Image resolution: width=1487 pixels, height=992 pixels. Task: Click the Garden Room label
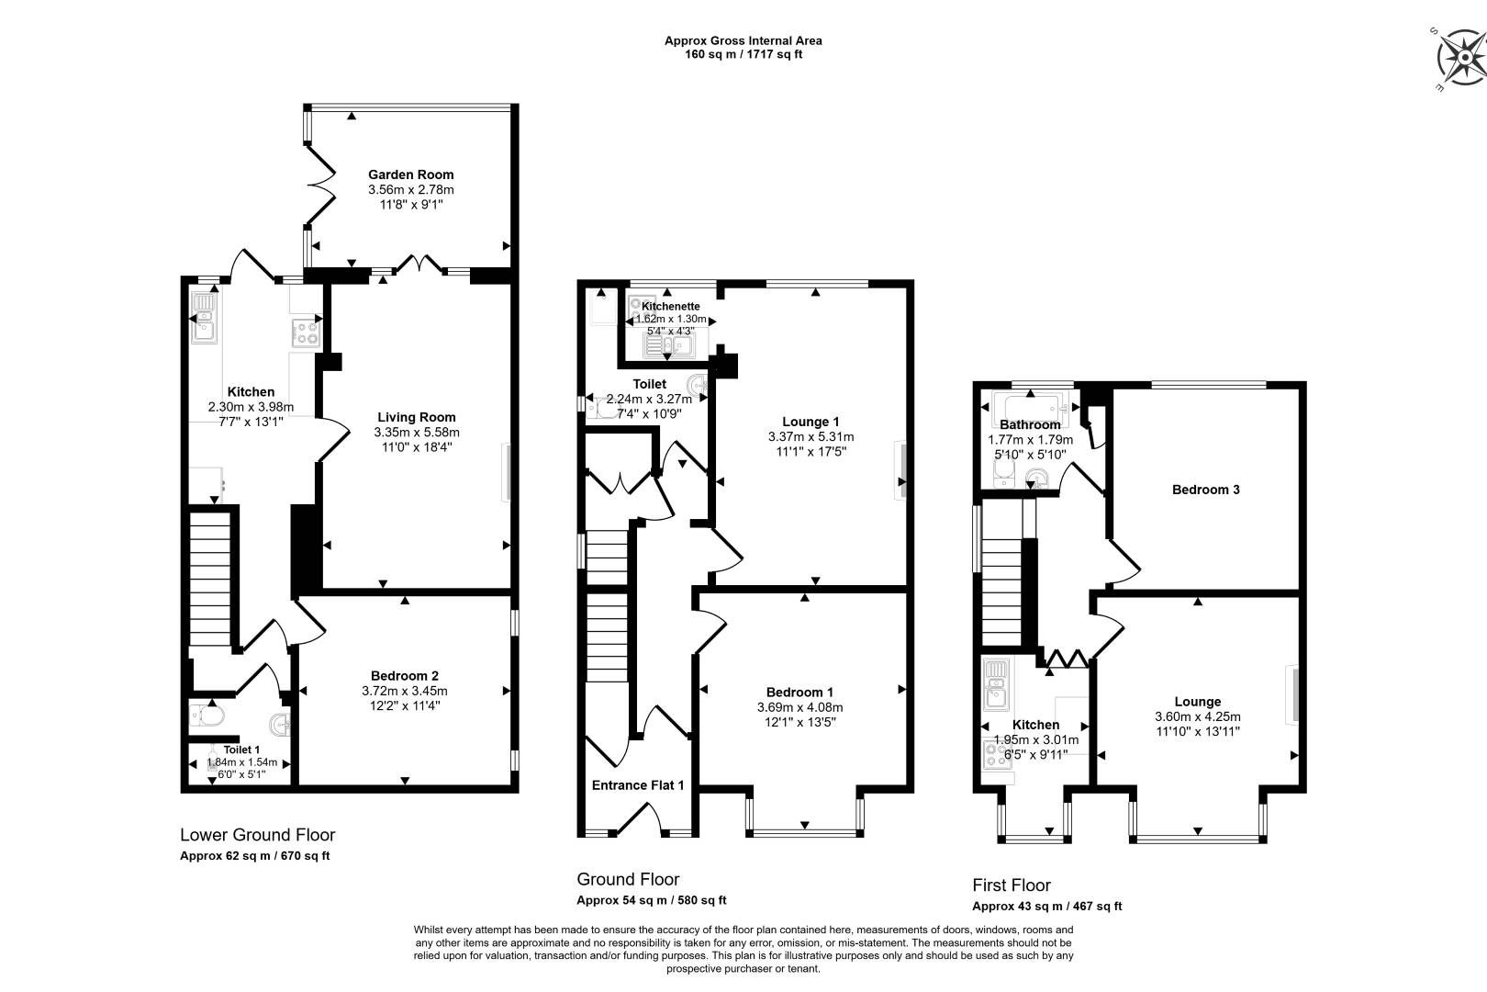coord(410,175)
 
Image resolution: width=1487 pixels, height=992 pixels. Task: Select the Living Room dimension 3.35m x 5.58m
coord(417,432)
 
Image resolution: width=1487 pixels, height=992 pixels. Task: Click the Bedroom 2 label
coord(405,675)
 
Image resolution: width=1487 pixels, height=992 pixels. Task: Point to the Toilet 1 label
coord(241,750)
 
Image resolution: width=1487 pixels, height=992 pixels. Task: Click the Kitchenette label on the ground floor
coord(670,306)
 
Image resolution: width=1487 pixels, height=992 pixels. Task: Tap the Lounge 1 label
coord(811,422)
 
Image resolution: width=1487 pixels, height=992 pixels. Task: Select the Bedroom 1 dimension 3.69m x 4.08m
coord(799,707)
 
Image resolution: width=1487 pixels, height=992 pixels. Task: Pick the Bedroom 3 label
coord(1205,490)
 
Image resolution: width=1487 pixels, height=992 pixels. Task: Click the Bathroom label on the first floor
coord(1030,424)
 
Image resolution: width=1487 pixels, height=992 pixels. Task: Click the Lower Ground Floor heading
coord(257,835)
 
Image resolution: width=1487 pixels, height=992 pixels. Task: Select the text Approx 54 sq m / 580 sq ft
coord(651,900)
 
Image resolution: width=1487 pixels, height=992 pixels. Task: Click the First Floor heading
coord(1012,885)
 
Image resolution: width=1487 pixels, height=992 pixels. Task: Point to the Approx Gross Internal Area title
coord(743,40)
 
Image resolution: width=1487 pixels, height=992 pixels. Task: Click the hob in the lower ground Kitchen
coord(306,332)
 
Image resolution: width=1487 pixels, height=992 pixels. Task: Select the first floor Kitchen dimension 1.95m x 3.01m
coord(1035,739)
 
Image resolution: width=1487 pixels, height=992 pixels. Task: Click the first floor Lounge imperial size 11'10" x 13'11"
coord(1197,732)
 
